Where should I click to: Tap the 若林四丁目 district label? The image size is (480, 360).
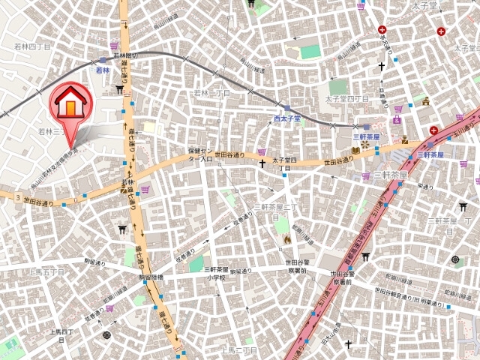coord(32,46)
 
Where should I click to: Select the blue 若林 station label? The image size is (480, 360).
coord(103,70)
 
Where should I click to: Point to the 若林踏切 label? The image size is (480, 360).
coord(126,56)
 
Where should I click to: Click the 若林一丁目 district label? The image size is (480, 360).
coord(212,93)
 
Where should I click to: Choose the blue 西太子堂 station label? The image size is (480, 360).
coord(286,118)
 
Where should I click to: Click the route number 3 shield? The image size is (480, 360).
coord(16,196)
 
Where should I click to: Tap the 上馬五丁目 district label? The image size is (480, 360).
coord(46,272)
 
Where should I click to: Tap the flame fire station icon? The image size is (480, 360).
coord(286,239)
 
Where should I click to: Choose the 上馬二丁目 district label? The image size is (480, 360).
coord(239,350)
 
